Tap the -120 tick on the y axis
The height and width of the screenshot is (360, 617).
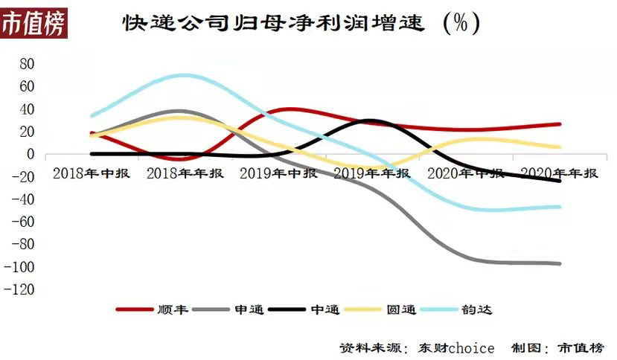(x=21, y=289)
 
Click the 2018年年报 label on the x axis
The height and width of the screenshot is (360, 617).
(x=185, y=173)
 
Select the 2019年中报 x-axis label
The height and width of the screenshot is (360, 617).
(x=279, y=173)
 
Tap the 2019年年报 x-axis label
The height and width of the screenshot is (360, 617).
(x=371, y=173)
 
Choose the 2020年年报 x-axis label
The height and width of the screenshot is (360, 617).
(x=559, y=173)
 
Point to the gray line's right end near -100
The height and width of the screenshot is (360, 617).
(x=559, y=263)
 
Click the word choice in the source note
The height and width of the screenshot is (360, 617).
(x=471, y=347)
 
